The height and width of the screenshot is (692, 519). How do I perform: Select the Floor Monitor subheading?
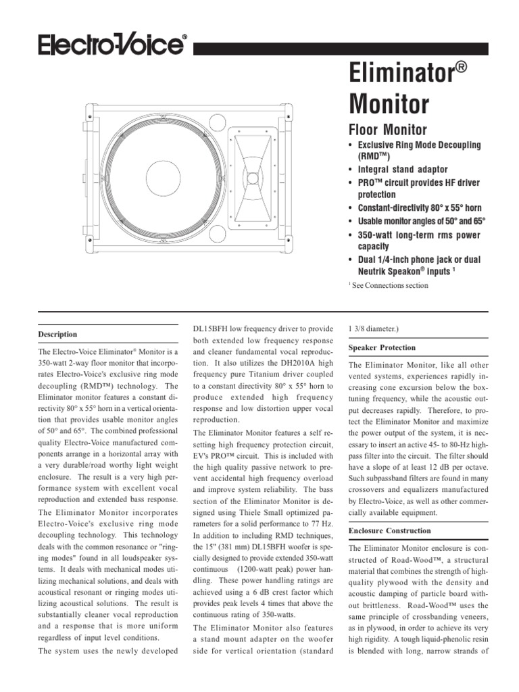[x=387, y=129]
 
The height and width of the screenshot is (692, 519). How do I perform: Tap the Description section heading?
[x=57, y=335]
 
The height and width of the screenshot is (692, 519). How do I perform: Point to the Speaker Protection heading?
[x=382, y=347]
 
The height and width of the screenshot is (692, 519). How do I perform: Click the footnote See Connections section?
[x=388, y=285]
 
